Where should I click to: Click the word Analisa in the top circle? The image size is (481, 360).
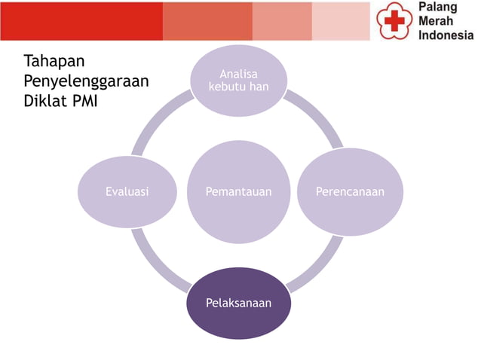(238, 74)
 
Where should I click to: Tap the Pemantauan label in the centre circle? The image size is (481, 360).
(238, 192)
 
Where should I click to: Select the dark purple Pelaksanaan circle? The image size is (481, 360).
(238, 304)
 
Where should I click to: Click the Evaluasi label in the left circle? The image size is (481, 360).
(127, 192)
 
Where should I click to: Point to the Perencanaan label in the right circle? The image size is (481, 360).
(351, 192)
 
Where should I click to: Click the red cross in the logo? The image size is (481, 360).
(393, 22)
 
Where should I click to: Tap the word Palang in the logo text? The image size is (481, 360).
(437, 8)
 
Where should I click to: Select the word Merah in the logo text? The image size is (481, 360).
(436, 22)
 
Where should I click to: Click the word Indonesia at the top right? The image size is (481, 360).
(446, 35)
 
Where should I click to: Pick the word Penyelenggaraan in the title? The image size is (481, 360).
(86, 81)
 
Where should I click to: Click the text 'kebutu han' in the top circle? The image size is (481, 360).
(238, 87)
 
